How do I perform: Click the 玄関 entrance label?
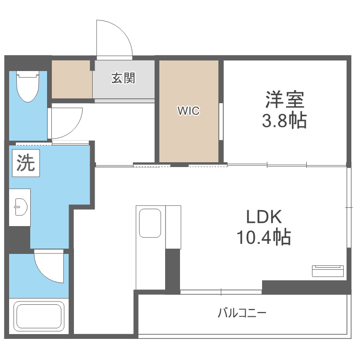coord(123,78)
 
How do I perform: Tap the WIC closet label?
coord(189,111)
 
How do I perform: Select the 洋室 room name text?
coord(285,100)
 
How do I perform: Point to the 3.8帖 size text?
coord(285,120)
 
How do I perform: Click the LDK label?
coord(264,217)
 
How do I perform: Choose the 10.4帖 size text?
coord(264,237)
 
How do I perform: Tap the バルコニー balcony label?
coord(242,313)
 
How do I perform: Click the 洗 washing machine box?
coord(26,163)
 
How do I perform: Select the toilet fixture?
coord(28,86)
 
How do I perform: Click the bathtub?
coord(39,316)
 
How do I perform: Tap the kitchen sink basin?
coord(150,223)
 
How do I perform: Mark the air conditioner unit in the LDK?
coord(328,271)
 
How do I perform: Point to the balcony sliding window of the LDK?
coord(221,292)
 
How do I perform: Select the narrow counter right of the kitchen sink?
coord(173,227)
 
